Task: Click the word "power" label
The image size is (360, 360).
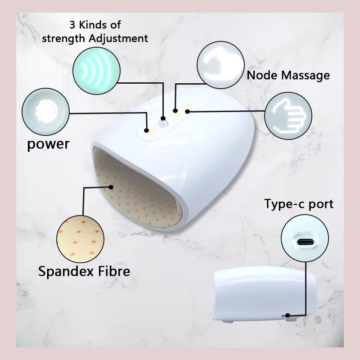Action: tap(48, 144)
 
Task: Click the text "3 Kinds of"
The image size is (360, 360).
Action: tap(94, 24)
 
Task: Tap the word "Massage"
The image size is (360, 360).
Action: tap(306, 76)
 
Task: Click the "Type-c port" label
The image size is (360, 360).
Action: tap(299, 204)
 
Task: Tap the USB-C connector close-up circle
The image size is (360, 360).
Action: tap(305, 242)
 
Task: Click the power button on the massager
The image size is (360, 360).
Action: tap(147, 130)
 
